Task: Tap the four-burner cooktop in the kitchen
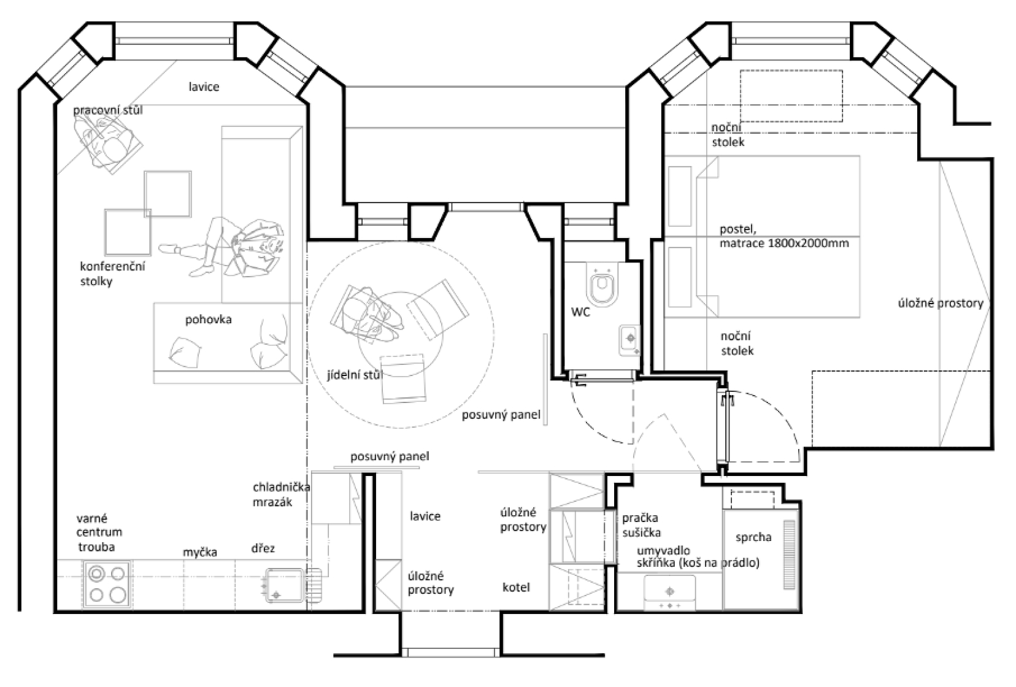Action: (x=107, y=584)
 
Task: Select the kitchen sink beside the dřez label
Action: (x=285, y=585)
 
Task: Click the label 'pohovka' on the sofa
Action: (x=208, y=320)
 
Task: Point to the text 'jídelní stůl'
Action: (x=355, y=375)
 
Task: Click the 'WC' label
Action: (x=580, y=312)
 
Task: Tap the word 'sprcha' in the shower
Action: (x=753, y=537)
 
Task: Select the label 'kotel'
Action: (x=516, y=588)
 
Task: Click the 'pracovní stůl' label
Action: (x=108, y=110)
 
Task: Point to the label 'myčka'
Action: (x=200, y=552)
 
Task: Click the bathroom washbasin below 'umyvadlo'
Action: (x=669, y=593)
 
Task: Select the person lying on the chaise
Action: (x=222, y=247)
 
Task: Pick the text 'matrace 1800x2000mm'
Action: (x=784, y=244)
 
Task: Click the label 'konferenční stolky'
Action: (x=112, y=274)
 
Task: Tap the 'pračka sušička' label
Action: (x=641, y=525)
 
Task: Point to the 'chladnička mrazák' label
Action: (x=281, y=495)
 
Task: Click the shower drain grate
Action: (x=789, y=555)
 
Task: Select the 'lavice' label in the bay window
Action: (x=204, y=86)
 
